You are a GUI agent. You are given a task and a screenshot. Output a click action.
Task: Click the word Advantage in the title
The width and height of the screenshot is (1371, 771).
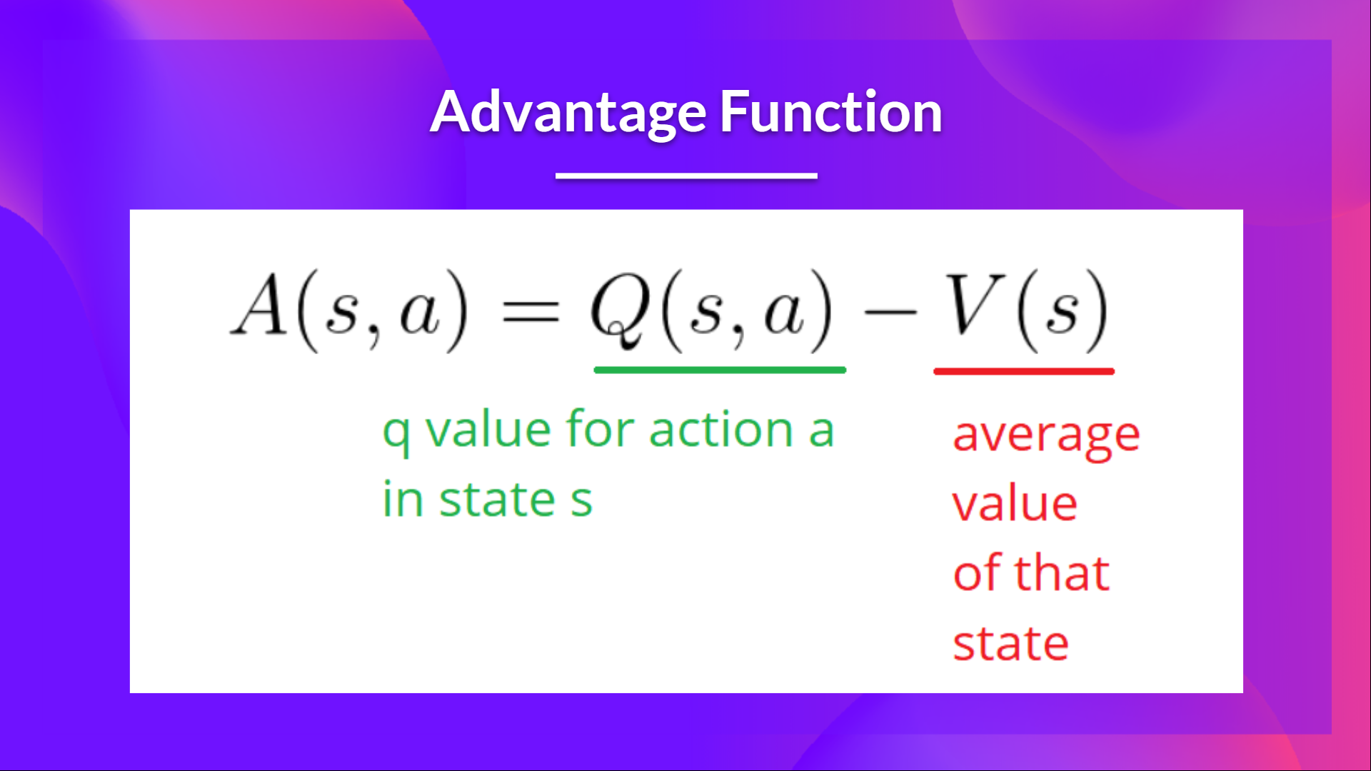[568, 112]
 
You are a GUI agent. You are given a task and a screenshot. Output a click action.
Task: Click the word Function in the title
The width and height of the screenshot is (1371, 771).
[830, 112]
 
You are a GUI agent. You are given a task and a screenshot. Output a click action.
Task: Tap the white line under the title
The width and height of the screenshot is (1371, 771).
[686, 176]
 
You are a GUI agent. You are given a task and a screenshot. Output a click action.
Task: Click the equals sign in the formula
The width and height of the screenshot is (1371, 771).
[531, 312]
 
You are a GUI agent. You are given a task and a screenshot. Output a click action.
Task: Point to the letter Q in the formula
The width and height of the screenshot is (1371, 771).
[620, 308]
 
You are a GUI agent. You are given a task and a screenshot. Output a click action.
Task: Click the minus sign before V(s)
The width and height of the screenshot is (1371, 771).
[890, 312]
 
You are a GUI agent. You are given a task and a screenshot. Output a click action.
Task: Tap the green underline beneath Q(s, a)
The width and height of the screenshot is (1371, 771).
[720, 370]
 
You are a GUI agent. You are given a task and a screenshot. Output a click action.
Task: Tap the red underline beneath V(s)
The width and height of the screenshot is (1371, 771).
[1023, 371]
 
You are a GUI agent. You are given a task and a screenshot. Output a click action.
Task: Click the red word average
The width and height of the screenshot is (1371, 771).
[1046, 435]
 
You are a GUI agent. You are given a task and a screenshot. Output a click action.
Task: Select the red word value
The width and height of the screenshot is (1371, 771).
[1015, 504]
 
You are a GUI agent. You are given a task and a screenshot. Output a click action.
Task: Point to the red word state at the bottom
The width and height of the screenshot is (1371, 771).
[1010, 643]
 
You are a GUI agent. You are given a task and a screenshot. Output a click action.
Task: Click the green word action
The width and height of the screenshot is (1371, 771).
[721, 430]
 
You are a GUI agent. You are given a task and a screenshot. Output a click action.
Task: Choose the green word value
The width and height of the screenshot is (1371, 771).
[488, 430]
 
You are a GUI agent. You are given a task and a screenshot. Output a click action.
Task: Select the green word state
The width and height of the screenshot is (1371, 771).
[497, 500]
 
